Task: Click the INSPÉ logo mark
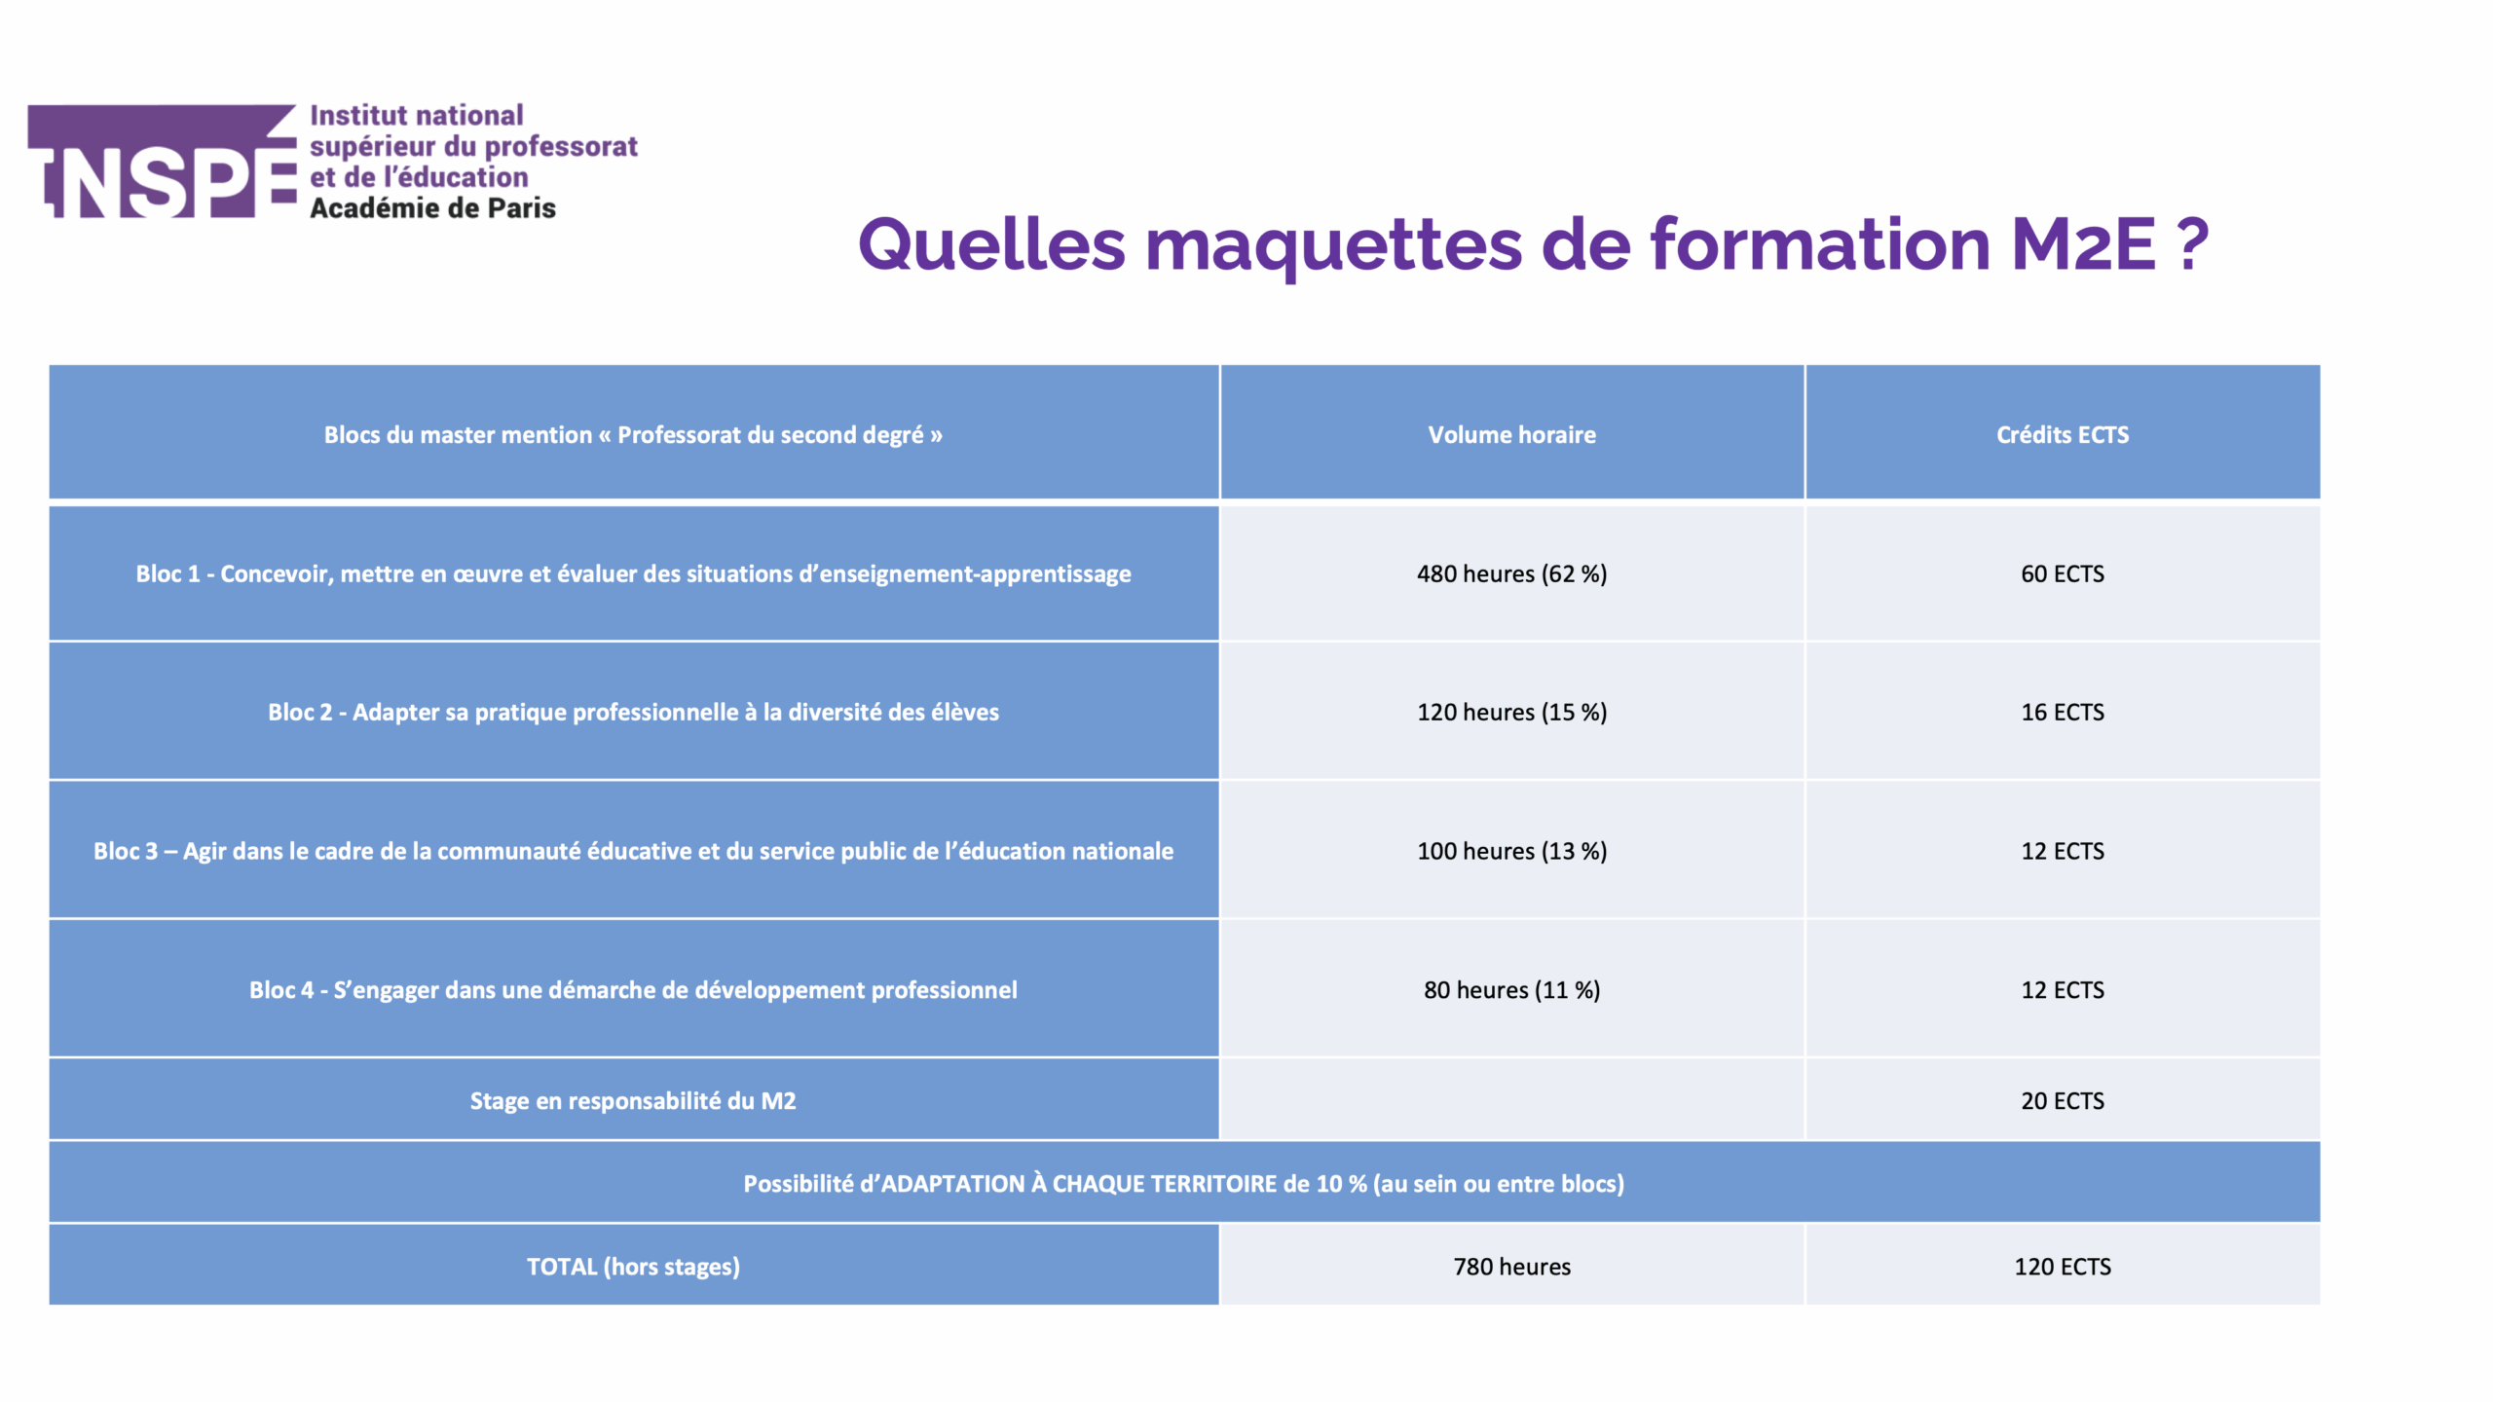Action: pos(162,161)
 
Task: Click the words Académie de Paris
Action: pos(432,208)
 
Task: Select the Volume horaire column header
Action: pos(1511,434)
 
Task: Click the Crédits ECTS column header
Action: pos(2063,434)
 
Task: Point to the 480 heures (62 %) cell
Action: pos(1511,573)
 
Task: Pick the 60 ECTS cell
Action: pos(2063,573)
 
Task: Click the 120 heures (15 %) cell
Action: pos(1511,712)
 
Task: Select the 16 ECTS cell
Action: pos(2063,712)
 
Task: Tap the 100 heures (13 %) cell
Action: pos(1511,851)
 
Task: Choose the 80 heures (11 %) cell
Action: pos(1511,989)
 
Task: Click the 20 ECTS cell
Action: pos(2063,1100)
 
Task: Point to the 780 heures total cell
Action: pos(1511,1266)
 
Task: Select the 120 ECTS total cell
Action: pos(2063,1266)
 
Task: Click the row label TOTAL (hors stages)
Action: pos(633,1266)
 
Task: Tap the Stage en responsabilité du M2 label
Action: pos(633,1100)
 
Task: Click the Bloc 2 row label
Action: pos(633,712)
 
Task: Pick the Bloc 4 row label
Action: pos(633,989)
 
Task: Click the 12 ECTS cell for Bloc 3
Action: pos(2063,851)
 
